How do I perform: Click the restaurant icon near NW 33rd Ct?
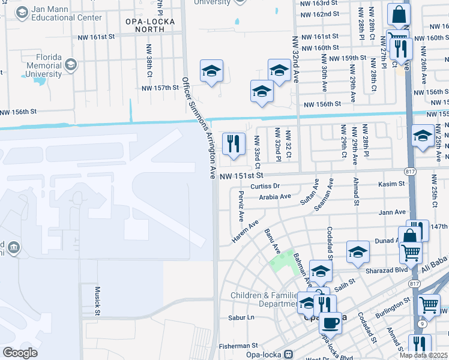tap(234, 143)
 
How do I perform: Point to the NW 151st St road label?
tap(241, 176)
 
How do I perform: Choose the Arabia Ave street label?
tap(275, 196)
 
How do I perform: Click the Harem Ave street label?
tap(246, 231)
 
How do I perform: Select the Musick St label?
tap(97, 300)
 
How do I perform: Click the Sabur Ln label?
tap(241, 317)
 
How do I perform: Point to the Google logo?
tap(20, 353)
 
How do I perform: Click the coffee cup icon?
tap(330, 323)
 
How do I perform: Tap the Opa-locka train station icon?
tap(288, 354)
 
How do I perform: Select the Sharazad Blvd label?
tap(387, 271)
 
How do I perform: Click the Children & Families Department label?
tap(264, 299)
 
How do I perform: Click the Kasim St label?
tap(393, 184)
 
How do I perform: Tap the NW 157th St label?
tap(160, 88)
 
